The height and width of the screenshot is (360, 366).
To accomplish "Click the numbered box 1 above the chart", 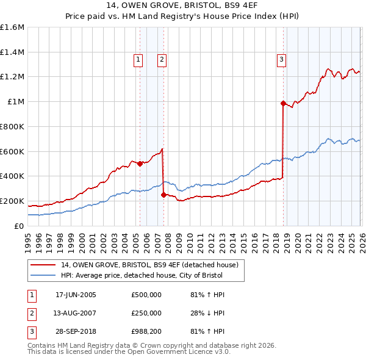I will tap(138, 59).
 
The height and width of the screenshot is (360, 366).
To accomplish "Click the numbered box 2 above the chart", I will tap(162, 59).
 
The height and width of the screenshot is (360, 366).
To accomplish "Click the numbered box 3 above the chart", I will tap(281, 59).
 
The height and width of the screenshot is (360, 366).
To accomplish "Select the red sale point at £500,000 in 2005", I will tap(140, 164).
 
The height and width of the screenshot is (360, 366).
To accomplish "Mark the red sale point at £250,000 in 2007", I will tap(163, 195).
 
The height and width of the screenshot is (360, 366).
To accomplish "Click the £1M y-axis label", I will tap(15, 102).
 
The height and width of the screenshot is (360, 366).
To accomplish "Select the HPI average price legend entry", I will tap(142, 275).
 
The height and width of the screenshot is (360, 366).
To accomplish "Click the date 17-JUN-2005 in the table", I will tap(76, 295).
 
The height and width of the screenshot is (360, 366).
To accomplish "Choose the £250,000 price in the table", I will tap(146, 313).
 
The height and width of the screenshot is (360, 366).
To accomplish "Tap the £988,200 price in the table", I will tap(146, 331).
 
